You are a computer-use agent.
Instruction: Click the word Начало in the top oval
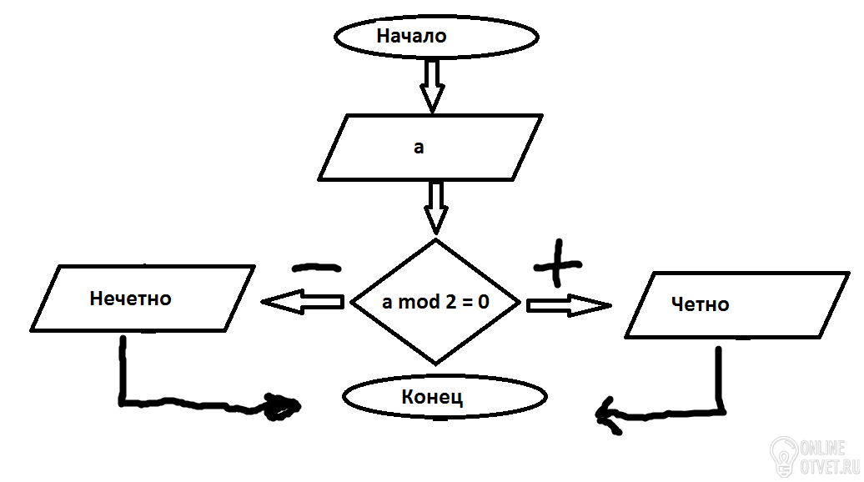(411, 36)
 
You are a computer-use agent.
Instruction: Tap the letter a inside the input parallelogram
(419, 148)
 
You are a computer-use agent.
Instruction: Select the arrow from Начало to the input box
(433, 85)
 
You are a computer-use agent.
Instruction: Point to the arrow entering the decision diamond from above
(436, 208)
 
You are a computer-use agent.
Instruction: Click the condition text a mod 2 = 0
(435, 302)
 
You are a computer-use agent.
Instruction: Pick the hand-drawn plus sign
(558, 264)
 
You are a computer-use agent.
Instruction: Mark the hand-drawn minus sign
(316, 268)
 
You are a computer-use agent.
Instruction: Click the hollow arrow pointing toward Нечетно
(303, 302)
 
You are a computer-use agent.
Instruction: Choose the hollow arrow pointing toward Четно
(569, 305)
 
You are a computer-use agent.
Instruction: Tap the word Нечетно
(131, 299)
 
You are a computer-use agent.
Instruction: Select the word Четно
(701, 304)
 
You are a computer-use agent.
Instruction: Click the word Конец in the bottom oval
(432, 397)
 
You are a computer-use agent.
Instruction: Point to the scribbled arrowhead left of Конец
(282, 407)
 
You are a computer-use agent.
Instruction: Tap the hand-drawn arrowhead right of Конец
(608, 414)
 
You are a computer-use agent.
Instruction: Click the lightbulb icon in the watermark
(785, 455)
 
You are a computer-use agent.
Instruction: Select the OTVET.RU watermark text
(829, 467)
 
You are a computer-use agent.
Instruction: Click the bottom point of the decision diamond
(436, 364)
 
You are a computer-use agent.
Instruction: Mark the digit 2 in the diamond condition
(450, 302)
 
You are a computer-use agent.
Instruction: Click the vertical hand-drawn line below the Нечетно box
(123, 369)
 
